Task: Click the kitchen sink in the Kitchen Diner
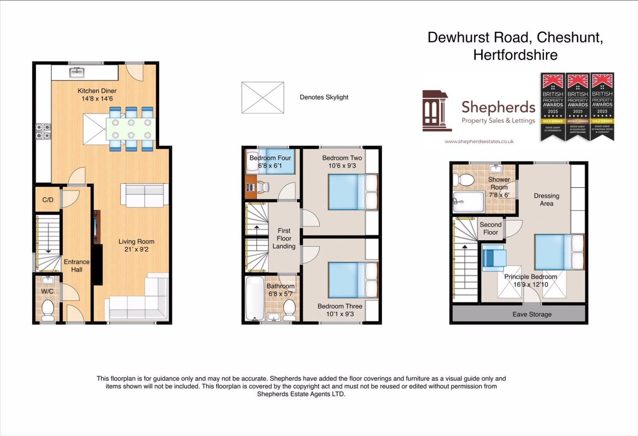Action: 77,73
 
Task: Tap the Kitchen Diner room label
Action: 97,91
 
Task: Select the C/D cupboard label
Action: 48,200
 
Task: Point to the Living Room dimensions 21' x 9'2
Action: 136,249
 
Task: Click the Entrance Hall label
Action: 76,266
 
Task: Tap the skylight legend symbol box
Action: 262,98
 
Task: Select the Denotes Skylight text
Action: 324,97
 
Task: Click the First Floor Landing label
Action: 284,238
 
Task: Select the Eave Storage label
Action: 532,314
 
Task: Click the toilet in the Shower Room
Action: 463,180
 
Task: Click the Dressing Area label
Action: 546,199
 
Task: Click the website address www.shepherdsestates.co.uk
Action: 479,141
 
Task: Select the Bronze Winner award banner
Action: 577,107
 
